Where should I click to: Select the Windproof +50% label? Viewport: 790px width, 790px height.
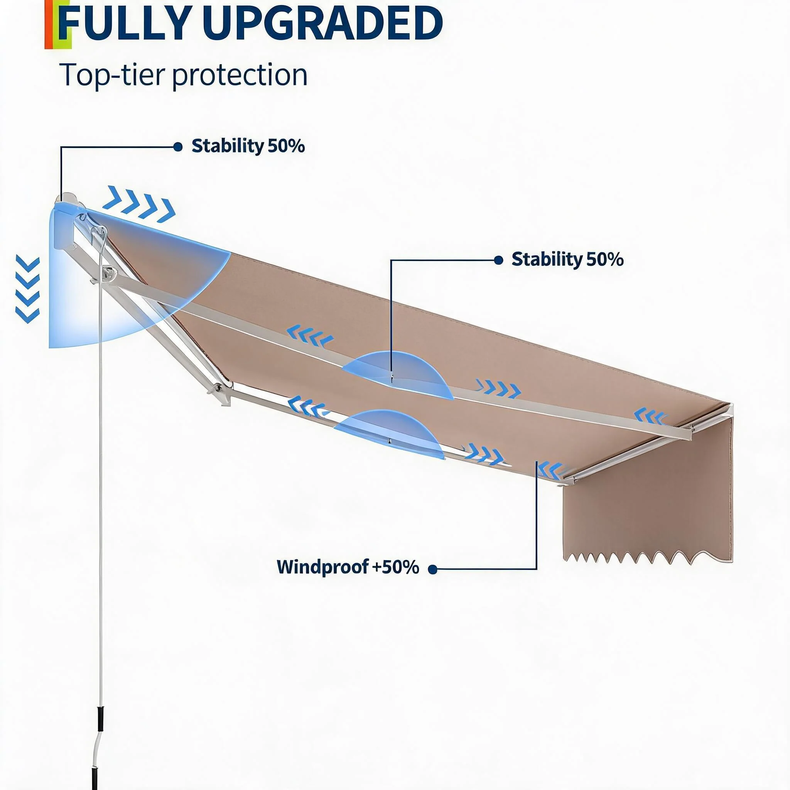coord(348,567)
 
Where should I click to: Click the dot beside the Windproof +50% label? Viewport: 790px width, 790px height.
coord(433,569)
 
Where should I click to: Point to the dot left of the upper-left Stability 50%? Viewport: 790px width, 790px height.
coord(178,147)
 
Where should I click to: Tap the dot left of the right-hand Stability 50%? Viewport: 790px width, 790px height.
coord(498,260)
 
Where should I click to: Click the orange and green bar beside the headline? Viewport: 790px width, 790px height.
coord(57,25)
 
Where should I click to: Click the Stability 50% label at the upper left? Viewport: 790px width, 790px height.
coord(248,146)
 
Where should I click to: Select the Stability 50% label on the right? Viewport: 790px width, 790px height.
coord(567,259)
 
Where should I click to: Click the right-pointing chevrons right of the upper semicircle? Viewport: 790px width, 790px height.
coord(498,388)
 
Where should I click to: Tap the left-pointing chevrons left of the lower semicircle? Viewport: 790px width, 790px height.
coord(307,406)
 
